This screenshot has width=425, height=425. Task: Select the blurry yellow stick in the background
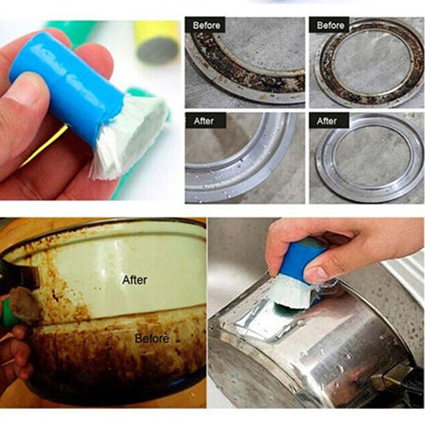[156, 39]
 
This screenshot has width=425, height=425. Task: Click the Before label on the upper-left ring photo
[207, 25]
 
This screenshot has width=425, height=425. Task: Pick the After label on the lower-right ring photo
[326, 121]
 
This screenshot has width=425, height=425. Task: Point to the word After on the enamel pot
[134, 279]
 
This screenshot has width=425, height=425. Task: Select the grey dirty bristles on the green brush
[25, 303]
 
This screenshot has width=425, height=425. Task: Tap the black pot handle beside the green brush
[10, 276]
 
